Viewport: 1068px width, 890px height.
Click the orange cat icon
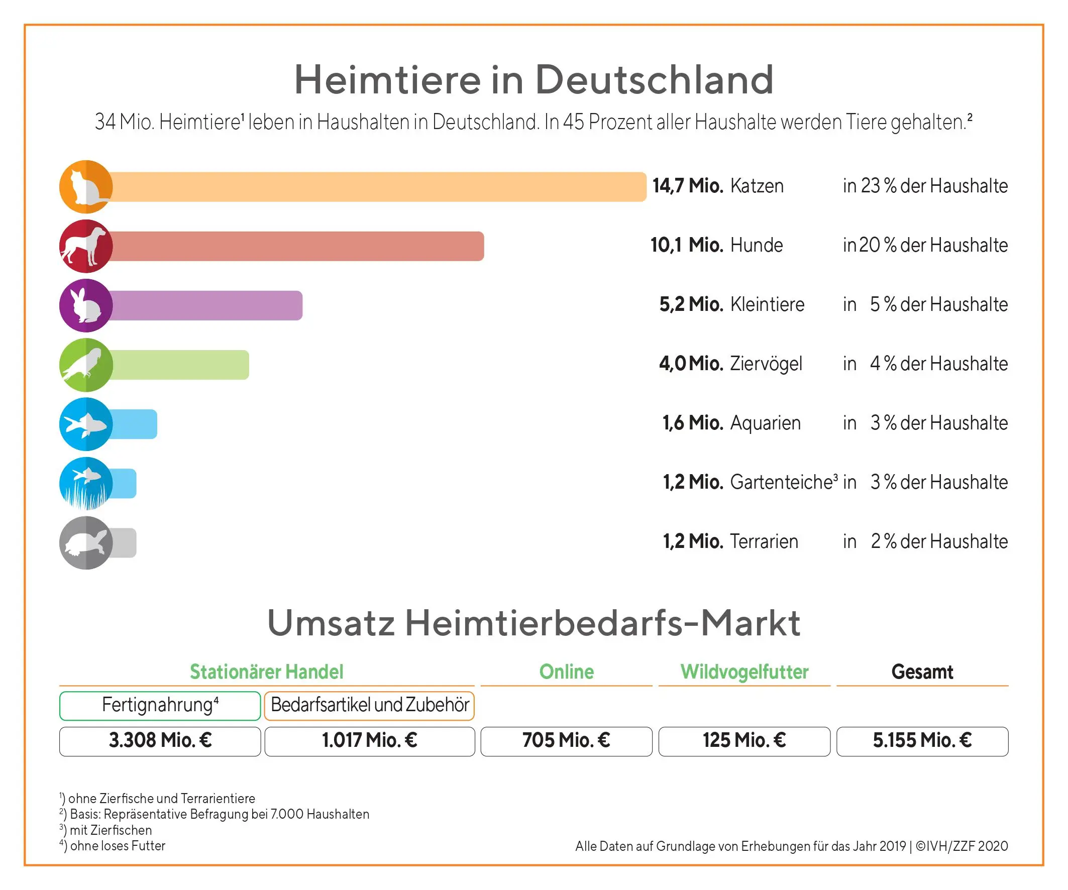pyautogui.click(x=85, y=187)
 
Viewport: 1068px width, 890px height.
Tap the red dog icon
pyautogui.click(x=85, y=246)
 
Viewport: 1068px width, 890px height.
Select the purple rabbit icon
pyautogui.click(x=85, y=306)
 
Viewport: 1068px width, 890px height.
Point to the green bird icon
pyautogui.click(x=85, y=365)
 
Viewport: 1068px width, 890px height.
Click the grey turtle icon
pyautogui.click(x=85, y=542)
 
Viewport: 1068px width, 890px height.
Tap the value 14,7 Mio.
pyautogui.click(x=688, y=186)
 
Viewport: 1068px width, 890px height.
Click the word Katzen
pyautogui.click(x=757, y=186)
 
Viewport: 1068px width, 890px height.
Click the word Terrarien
pyautogui.click(x=764, y=541)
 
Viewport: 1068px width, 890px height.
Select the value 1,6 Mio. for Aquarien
pyautogui.click(x=693, y=423)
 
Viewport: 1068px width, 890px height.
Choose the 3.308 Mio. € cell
pyautogui.click(x=160, y=741)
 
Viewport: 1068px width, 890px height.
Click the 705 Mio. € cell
pyautogui.click(x=566, y=741)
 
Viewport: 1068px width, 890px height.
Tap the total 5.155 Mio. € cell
pyautogui.click(x=922, y=741)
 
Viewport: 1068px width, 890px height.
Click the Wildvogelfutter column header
pyautogui.click(x=744, y=672)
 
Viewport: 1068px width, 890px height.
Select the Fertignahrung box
pyautogui.click(x=160, y=705)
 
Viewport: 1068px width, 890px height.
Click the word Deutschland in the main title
pyautogui.click(x=654, y=80)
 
